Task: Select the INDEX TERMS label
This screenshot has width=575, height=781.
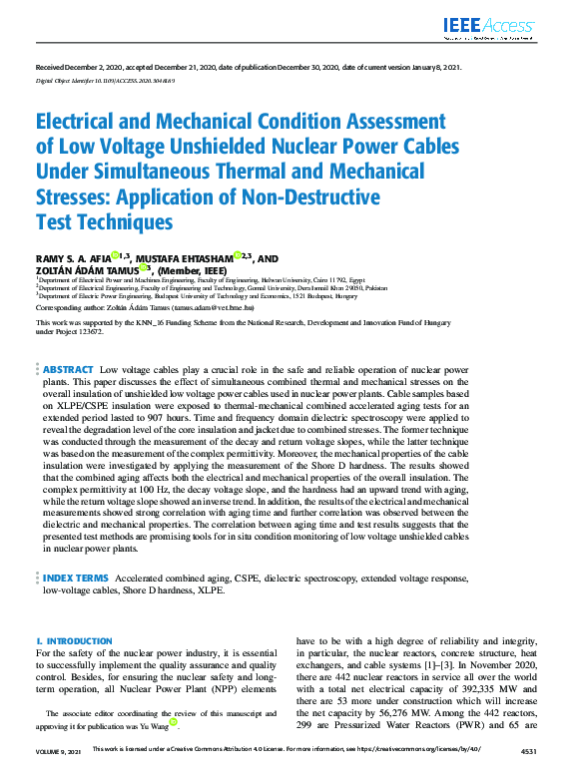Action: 77,578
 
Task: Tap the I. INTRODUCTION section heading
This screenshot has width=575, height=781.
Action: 74,641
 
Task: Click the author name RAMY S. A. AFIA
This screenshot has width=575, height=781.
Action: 72,258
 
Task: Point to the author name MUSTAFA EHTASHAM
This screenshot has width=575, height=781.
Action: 184,258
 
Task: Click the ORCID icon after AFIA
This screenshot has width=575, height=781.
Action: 115,256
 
